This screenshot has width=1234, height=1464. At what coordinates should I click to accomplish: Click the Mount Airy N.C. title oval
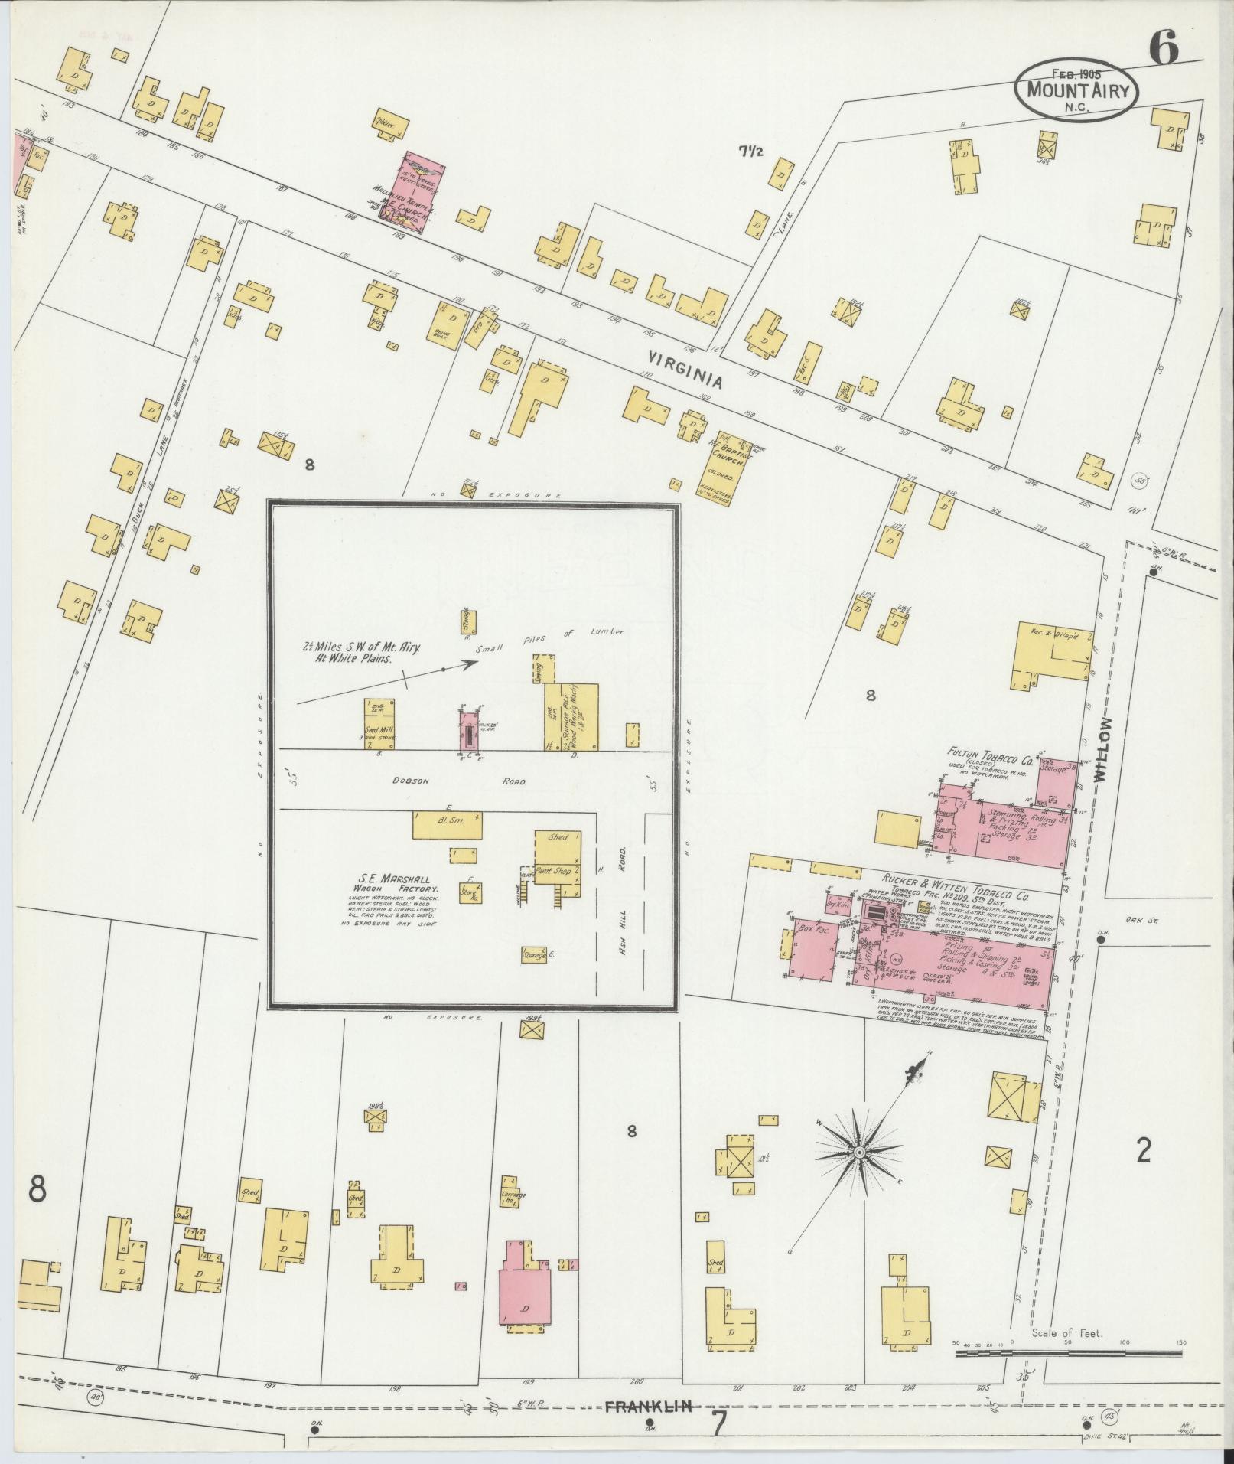1076,90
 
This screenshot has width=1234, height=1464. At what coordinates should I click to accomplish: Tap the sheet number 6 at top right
1162,51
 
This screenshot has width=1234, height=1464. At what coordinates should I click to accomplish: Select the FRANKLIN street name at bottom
649,1406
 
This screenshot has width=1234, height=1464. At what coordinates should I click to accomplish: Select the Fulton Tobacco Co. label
991,761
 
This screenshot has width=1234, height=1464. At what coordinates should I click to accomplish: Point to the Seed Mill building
379,723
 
